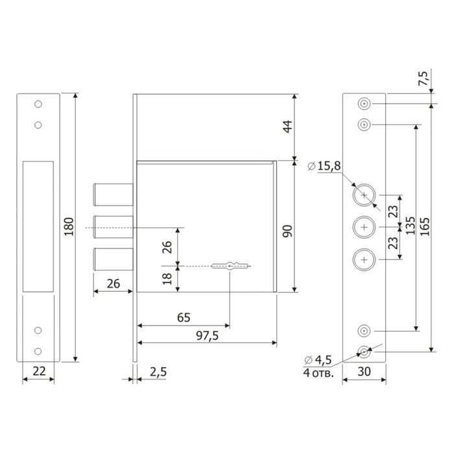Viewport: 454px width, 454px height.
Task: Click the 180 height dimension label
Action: [69, 227]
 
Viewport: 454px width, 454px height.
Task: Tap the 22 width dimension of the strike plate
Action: [39, 371]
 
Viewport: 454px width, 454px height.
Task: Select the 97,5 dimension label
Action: [208, 336]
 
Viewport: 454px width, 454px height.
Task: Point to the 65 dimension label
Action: [184, 318]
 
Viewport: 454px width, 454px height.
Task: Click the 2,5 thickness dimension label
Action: [158, 372]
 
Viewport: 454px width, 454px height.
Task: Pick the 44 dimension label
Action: [287, 126]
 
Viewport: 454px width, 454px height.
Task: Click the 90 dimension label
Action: [287, 231]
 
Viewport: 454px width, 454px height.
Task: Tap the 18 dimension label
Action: [167, 279]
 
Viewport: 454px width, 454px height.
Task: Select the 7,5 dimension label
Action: [424, 78]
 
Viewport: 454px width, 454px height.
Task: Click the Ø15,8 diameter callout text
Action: [324, 166]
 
